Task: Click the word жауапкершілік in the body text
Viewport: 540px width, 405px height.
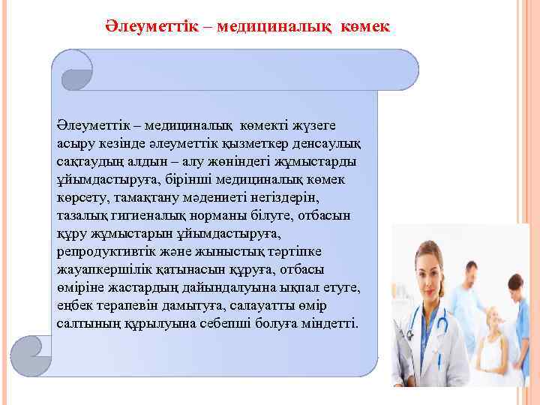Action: [x=97, y=269]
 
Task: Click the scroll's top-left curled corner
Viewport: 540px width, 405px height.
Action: [x=75, y=70]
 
